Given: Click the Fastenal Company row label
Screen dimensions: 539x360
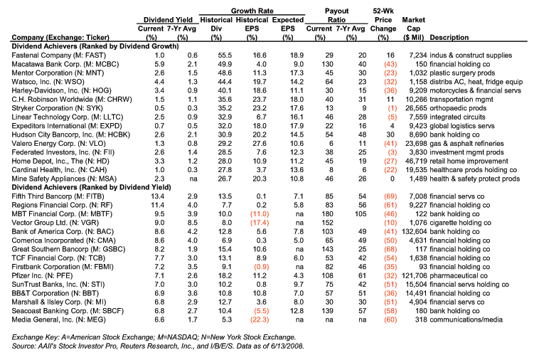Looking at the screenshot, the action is [x=59, y=55].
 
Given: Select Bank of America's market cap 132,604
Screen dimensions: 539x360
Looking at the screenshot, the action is [x=415, y=232].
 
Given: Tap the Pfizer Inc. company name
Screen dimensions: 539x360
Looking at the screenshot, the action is [x=42, y=276].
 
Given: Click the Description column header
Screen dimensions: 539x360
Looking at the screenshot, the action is [x=449, y=38].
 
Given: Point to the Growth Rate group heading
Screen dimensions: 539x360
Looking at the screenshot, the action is [x=252, y=11].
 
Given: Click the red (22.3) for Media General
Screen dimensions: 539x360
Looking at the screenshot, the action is [x=260, y=319].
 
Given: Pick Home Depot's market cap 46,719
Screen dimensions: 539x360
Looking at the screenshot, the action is [x=416, y=162].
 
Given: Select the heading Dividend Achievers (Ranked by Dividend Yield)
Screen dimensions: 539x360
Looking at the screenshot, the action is [x=92, y=187].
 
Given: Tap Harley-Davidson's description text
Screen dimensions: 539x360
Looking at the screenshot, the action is [x=476, y=91].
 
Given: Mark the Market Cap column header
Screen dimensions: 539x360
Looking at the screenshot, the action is [x=414, y=28].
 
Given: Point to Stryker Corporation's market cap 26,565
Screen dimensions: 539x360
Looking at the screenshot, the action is [x=416, y=108].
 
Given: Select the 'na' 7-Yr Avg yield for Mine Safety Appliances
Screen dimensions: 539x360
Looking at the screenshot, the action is [x=193, y=179].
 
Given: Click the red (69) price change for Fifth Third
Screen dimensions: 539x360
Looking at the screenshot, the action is [x=390, y=196].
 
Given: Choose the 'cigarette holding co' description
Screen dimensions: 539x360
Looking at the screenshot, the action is [x=461, y=223].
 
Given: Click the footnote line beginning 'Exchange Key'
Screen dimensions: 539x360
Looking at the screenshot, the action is [x=154, y=337].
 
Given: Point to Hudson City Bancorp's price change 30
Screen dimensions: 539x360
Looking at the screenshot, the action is [x=390, y=134].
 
